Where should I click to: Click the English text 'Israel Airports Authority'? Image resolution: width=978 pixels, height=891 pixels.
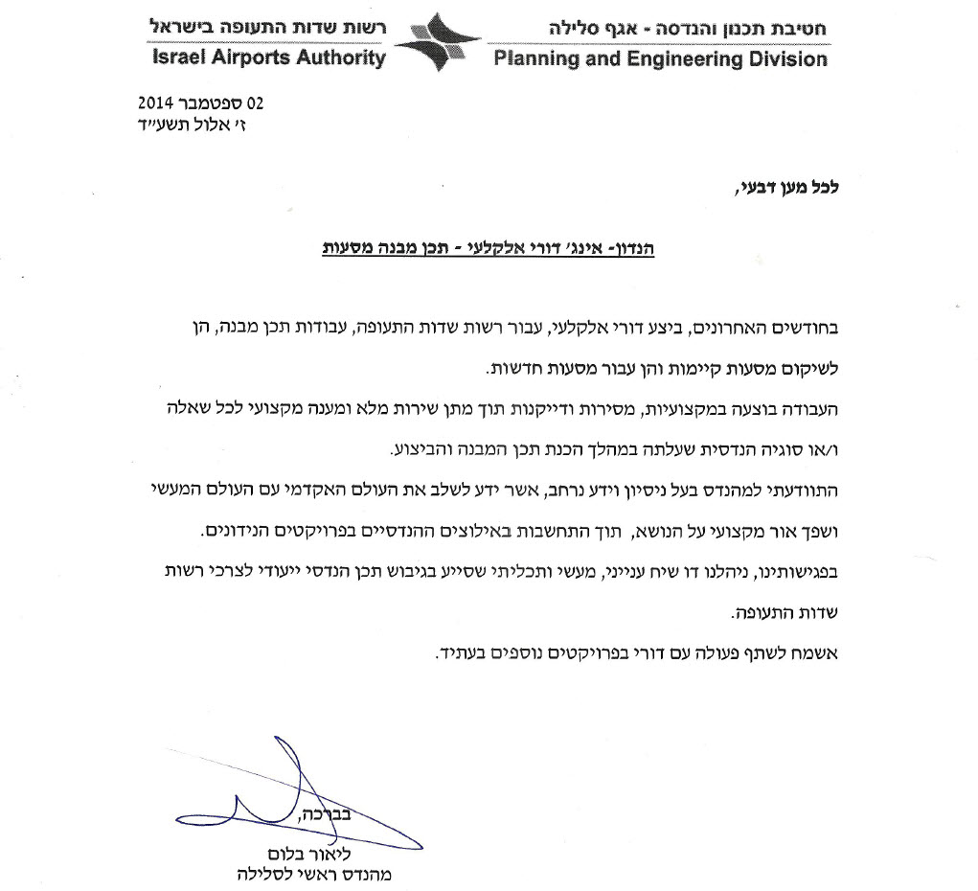click(268, 57)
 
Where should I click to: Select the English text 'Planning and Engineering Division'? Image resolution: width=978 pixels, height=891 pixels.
click(660, 59)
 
